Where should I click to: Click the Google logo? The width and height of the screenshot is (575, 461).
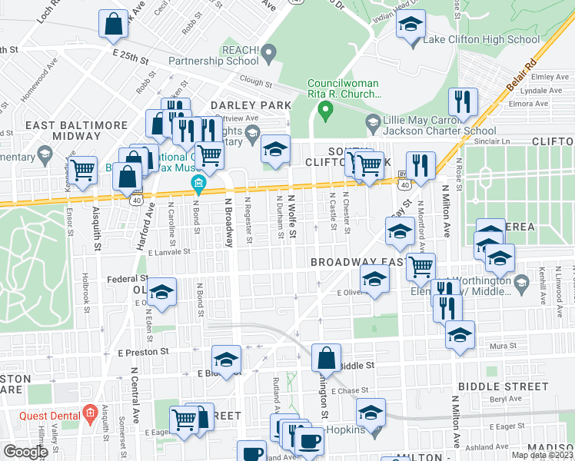tap(25, 451)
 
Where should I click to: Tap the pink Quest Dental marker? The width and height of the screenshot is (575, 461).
tap(89, 413)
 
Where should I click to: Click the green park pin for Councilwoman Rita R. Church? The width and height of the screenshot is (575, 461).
tap(325, 111)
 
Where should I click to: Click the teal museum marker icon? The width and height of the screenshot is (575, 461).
tap(198, 184)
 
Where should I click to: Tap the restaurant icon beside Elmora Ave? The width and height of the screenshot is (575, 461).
tap(463, 102)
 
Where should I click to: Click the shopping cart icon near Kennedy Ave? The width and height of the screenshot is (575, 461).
tap(82, 170)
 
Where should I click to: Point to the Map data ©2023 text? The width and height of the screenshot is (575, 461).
tap(542, 455)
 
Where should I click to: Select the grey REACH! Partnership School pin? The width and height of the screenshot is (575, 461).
tap(268, 53)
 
